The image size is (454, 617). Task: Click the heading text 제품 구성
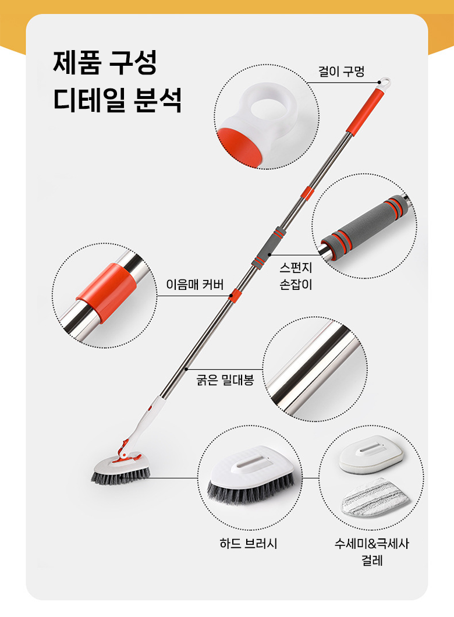105,62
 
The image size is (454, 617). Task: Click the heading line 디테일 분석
118,100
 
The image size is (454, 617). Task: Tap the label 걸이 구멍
341,72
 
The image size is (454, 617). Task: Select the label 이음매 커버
195,284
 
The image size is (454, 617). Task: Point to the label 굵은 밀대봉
225,380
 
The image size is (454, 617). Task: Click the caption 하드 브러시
248,544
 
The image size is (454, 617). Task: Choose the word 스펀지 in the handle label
296,268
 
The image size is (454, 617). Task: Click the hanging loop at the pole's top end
384,83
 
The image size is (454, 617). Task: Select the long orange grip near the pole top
365,111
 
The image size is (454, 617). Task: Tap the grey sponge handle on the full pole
269,248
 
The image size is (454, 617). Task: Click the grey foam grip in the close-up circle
364,228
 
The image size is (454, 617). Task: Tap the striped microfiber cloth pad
374,497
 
